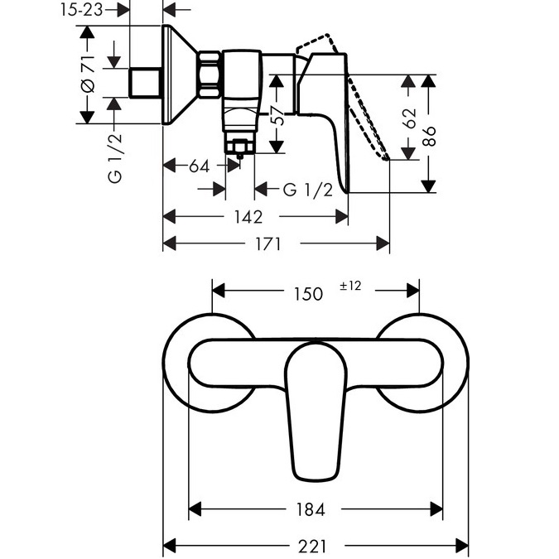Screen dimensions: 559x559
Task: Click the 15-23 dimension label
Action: (81, 10)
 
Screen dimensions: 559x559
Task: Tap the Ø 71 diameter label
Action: (88, 75)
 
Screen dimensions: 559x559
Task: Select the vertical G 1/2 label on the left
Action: (115, 158)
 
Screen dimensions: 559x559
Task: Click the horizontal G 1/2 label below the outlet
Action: (308, 190)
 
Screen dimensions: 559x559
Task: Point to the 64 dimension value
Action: (199, 166)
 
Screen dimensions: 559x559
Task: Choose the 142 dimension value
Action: (248, 217)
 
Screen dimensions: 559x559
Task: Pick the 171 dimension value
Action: (267, 244)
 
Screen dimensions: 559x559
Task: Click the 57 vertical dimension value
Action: (279, 115)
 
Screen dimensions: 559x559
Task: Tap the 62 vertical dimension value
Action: (410, 118)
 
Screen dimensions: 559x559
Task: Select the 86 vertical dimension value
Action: (429, 136)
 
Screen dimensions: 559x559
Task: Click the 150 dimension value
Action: (308, 294)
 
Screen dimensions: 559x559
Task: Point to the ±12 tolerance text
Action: (350, 286)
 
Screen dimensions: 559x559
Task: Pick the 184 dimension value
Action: (311, 509)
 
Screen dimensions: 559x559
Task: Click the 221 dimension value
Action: (312, 547)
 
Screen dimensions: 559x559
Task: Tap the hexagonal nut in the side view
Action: (209, 75)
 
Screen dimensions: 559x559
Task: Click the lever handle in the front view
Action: (316, 411)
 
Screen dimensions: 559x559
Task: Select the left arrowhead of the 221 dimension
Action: (169, 547)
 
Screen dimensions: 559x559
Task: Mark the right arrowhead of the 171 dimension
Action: (383, 243)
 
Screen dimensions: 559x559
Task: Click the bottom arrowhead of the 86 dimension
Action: (428, 186)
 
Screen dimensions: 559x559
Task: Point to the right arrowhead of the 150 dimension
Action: (413, 291)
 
